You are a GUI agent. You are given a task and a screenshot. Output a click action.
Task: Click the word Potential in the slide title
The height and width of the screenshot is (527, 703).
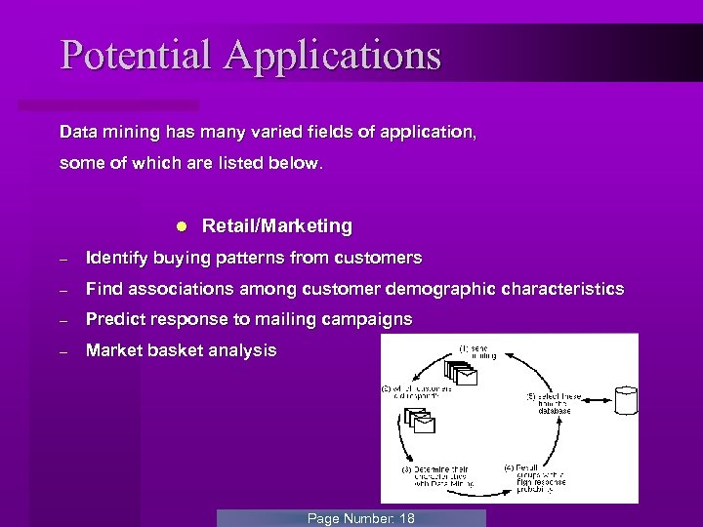click(137, 55)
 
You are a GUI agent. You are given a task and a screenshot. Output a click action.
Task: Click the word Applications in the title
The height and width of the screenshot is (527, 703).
click(332, 57)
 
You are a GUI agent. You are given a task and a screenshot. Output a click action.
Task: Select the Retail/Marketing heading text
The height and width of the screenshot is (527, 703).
click(276, 225)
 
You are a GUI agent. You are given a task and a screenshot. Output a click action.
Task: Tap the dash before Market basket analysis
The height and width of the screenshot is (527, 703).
click(62, 351)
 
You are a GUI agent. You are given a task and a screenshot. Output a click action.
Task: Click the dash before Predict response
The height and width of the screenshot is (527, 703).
click(62, 321)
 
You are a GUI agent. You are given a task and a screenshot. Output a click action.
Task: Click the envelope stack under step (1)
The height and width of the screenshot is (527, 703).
click(460, 374)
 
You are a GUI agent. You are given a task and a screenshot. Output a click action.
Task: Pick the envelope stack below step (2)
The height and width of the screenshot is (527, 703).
click(420, 421)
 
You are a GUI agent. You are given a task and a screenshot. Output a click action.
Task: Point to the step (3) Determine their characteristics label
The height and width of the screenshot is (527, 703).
click(437, 475)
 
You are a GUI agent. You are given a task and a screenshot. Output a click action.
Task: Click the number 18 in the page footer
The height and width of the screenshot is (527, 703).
click(406, 518)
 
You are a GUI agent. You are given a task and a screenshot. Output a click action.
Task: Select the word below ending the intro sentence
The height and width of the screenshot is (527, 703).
click(295, 163)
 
